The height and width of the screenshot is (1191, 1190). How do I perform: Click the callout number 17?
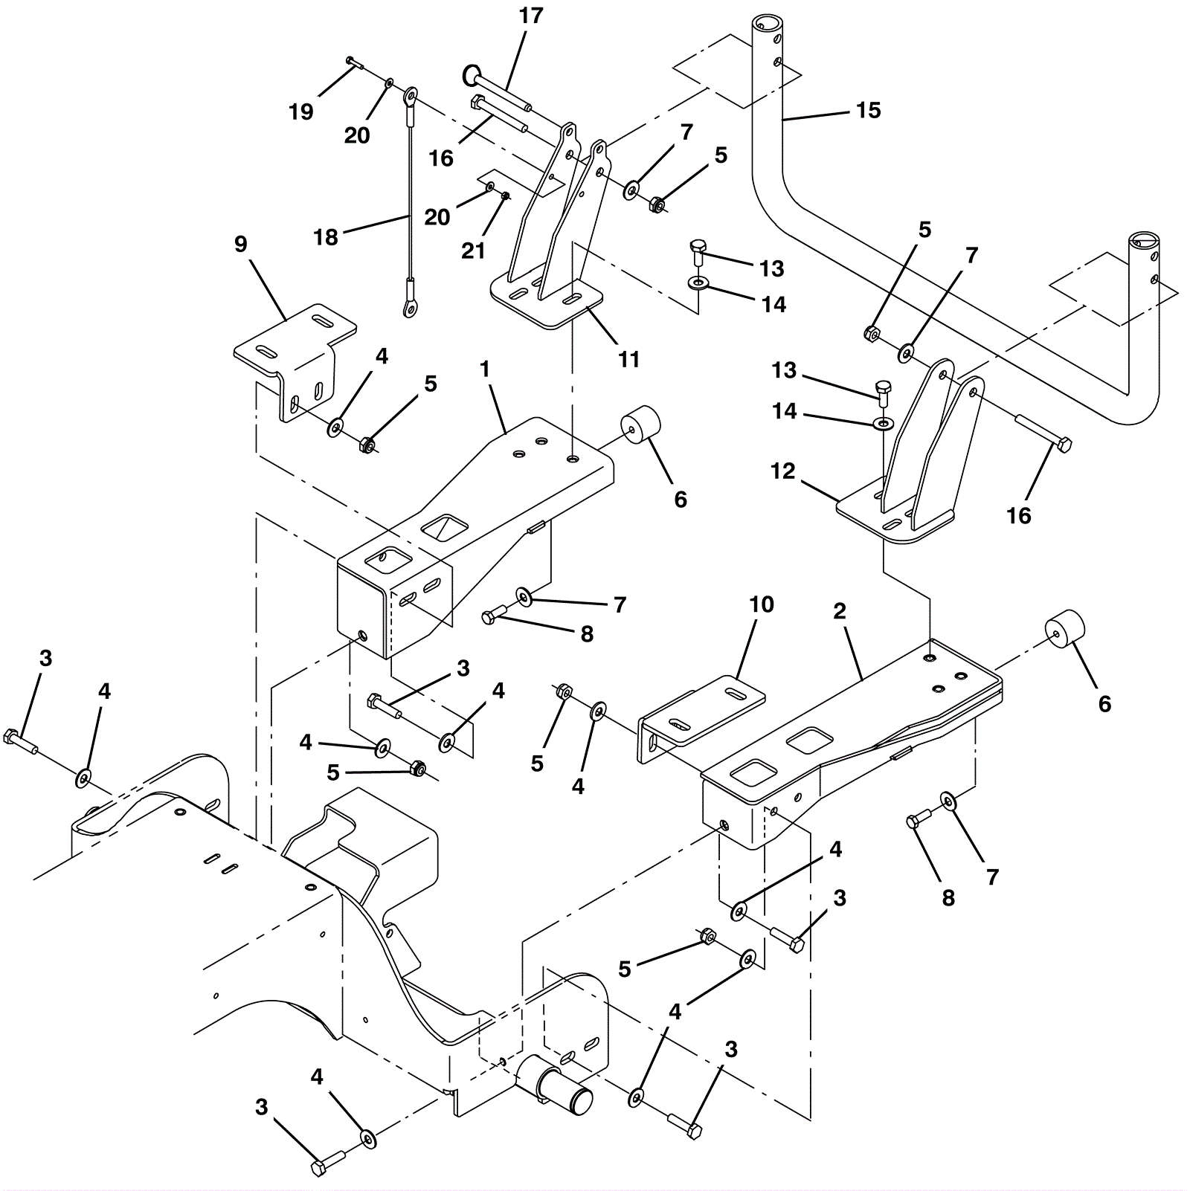(531, 16)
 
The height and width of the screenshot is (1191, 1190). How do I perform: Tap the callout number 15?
(868, 110)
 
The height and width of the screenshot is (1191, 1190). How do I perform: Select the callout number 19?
(301, 112)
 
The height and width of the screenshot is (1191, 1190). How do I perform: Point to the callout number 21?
(473, 251)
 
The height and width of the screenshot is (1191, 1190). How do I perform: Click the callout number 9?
(240, 244)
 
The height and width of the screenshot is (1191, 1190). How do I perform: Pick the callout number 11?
(629, 359)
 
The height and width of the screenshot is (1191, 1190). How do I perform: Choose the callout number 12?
(783, 471)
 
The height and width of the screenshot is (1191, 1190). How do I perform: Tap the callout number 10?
(762, 604)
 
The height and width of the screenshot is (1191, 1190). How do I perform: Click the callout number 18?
(326, 237)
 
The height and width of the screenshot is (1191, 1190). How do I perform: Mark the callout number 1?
(485, 369)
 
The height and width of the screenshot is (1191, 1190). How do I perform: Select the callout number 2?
(840, 611)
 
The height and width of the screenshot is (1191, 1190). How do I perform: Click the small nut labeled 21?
(505, 196)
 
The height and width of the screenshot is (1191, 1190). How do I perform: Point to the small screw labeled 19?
(354, 62)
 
